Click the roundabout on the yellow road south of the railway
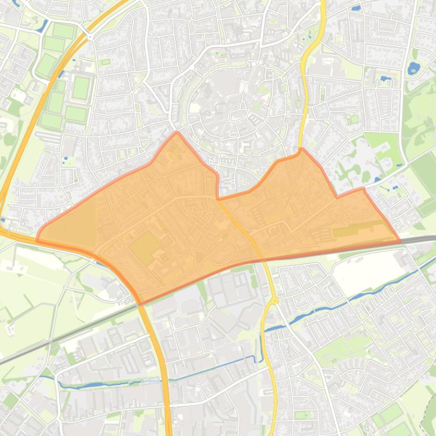tap(274, 301)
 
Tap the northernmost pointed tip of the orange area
tap(177, 133)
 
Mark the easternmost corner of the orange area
tap(400, 241)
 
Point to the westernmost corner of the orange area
tap(37, 240)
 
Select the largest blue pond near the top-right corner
tap(413, 69)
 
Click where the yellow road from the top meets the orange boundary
tap(301, 150)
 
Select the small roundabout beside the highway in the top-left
tap(90, 37)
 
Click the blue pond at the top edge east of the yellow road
tap(355, 8)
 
